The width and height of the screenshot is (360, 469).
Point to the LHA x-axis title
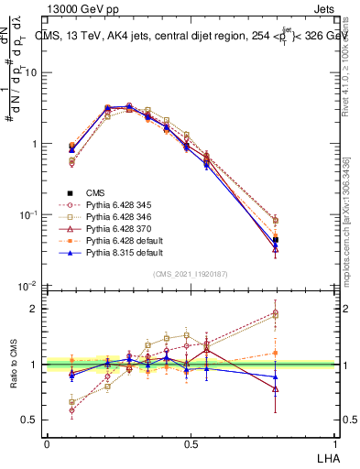[x=327, y=457]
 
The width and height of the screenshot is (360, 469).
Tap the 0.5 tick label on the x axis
[x=191, y=444]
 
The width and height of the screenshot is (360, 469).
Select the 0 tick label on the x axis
[x=47, y=444]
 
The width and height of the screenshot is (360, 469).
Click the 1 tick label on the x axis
[x=334, y=444]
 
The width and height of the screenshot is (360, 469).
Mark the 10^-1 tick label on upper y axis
[x=27, y=215]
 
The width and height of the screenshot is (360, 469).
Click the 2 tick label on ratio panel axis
[x=35, y=309]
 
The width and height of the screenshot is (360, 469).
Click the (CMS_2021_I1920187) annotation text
[x=191, y=274]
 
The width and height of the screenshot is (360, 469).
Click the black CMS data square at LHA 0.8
[x=301, y=240]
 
